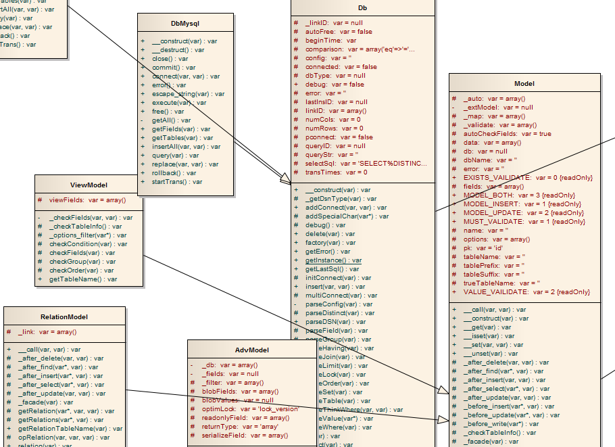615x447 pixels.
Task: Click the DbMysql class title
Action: click(x=186, y=23)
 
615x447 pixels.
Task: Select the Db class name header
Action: click(x=363, y=7)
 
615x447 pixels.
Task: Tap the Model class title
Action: click(x=524, y=83)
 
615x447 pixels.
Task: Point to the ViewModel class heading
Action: click(x=89, y=185)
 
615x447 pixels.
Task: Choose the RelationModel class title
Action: click(x=64, y=316)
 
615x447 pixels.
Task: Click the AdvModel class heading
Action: click(x=252, y=350)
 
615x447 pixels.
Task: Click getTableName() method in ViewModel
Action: click(x=82, y=279)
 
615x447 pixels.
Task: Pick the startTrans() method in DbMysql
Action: click(x=177, y=181)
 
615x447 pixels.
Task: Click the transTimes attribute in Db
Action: click(x=337, y=172)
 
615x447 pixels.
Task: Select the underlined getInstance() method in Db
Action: click(x=333, y=260)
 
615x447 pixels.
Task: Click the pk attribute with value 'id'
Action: click(x=483, y=248)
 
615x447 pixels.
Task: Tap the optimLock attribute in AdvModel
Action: click(x=249, y=409)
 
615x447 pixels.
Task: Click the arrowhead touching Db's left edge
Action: click(x=286, y=177)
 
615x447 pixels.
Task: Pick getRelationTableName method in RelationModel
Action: click(x=70, y=428)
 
